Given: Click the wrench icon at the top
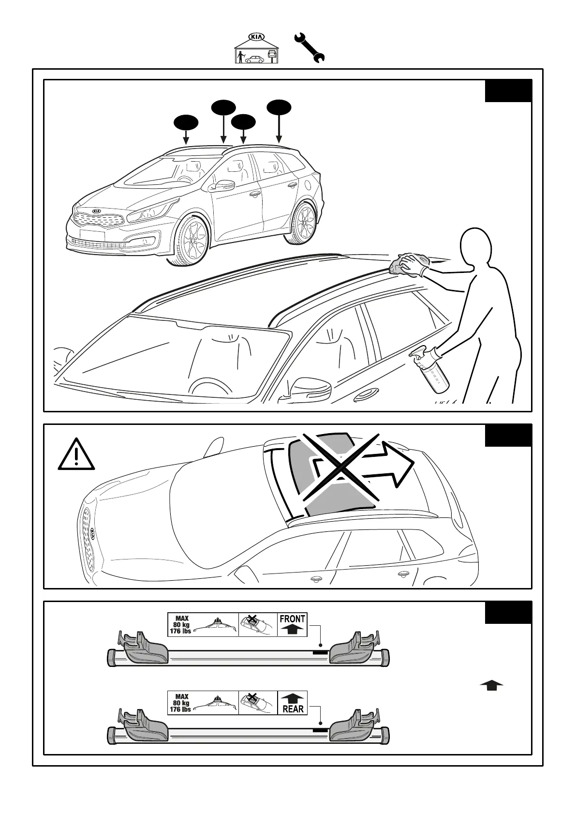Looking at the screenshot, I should click(310, 47).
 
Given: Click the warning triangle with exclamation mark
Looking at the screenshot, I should click(76, 455).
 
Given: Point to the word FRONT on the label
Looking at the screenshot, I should click(292, 619).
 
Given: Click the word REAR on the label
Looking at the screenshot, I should click(293, 709).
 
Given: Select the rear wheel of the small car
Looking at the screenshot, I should click(304, 223).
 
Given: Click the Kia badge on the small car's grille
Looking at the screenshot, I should click(97, 212).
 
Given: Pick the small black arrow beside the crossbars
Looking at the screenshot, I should click(491, 685).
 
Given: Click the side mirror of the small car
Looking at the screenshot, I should click(222, 186).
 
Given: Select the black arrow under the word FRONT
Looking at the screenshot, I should click(292, 629).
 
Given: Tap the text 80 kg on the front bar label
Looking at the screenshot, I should click(181, 625).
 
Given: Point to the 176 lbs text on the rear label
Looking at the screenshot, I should click(180, 709).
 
